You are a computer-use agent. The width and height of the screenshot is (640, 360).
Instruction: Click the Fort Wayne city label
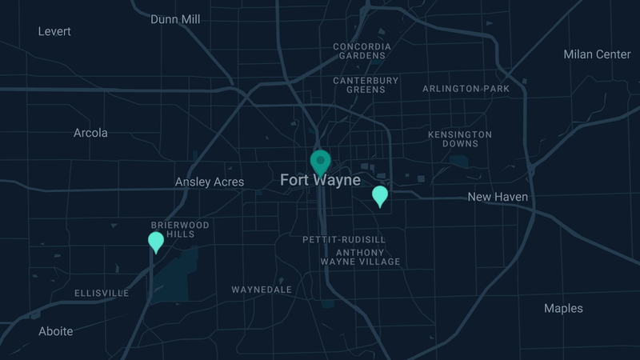click(320, 181)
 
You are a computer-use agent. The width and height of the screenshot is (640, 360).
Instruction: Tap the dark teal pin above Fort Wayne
click(321, 162)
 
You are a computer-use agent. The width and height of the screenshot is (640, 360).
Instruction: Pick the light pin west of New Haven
click(380, 195)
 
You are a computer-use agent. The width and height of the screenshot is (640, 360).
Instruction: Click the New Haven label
click(498, 197)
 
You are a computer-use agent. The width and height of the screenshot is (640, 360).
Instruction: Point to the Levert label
click(54, 31)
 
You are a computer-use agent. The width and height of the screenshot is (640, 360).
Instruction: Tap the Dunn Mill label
click(175, 19)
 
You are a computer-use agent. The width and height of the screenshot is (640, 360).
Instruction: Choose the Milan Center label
click(597, 54)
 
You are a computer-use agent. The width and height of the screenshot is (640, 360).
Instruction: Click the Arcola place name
click(90, 133)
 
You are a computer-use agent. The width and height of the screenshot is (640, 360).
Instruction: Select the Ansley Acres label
click(210, 182)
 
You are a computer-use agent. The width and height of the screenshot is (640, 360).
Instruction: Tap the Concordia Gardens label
click(362, 51)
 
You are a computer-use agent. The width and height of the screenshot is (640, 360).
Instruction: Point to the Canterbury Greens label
click(366, 85)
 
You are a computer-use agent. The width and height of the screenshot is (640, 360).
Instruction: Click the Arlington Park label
click(466, 89)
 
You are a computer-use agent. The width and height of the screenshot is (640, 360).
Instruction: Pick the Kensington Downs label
click(460, 139)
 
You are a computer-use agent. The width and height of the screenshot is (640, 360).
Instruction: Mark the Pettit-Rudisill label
click(344, 240)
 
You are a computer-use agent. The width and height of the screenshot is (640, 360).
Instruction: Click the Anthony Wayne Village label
click(360, 257)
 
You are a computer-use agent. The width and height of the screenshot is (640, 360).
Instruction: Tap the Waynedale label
click(262, 290)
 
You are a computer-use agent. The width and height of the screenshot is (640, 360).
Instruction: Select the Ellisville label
click(102, 294)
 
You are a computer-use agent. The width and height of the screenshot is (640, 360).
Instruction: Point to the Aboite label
click(56, 331)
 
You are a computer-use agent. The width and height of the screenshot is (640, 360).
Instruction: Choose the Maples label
click(563, 309)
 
